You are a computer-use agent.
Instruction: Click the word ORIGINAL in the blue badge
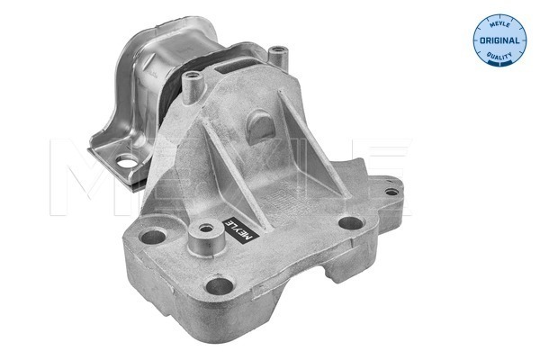tap(499, 40)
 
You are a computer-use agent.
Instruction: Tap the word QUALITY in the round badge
tap(499, 56)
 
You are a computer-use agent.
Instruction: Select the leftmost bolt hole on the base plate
tap(153, 237)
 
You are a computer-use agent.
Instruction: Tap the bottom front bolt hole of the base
tap(220, 285)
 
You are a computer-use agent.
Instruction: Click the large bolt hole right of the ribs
tap(351, 223)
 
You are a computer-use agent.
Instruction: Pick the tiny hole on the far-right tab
tap(391, 192)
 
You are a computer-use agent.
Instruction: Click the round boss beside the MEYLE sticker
tap(206, 238)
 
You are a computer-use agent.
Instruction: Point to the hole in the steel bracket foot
tap(127, 162)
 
